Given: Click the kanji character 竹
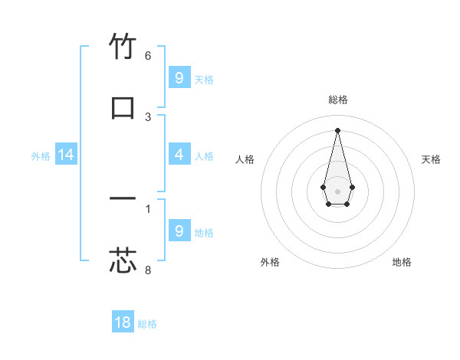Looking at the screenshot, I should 123,47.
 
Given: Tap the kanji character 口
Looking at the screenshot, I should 123,108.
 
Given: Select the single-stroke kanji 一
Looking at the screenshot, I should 123,199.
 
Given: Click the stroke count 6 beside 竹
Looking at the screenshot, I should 148,56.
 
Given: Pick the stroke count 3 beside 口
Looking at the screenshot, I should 148,117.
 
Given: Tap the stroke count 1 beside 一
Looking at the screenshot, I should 148,208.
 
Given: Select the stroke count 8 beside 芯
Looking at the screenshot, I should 148,270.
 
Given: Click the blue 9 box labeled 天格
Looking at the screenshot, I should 179,77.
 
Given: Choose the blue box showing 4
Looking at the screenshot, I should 179,155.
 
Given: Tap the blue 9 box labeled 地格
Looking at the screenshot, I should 179,231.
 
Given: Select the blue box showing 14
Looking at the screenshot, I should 66,155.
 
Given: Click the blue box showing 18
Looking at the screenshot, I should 123,322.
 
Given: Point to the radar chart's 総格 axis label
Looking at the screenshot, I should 338,100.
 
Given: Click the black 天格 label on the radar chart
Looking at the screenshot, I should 432,159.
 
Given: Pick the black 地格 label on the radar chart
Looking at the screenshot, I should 402,262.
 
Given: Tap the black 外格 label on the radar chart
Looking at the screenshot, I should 270,262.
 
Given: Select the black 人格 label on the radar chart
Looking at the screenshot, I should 245,159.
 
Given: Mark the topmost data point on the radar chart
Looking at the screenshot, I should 337,129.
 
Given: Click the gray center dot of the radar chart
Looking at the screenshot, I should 337,190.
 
